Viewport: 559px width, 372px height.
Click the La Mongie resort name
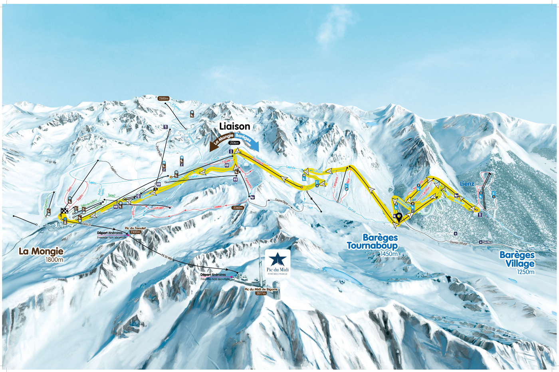tap(41, 251)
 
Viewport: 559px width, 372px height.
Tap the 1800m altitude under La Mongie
tap(54, 260)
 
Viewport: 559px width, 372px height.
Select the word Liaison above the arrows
tap(234, 126)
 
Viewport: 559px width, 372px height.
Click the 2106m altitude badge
tap(234, 142)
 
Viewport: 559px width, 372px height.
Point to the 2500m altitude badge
tap(164, 98)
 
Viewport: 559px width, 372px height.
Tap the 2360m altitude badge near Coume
tap(238, 208)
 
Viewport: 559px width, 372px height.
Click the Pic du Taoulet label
tap(135, 228)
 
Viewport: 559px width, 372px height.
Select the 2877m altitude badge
tap(261, 293)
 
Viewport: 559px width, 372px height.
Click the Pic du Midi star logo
tap(278, 260)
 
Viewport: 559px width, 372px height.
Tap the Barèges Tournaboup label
tap(372, 242)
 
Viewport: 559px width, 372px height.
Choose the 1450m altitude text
tap(389, 254)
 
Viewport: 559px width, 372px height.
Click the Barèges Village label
tap(517, 259)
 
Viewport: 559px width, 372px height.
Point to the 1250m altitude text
tap(525, 272)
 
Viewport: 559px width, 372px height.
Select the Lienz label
tap(467, 184)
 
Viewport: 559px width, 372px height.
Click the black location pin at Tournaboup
tap(399, 217)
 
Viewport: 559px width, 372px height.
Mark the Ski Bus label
tap(487, 242)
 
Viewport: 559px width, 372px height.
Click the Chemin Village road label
tap(458, 243)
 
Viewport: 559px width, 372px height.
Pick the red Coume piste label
tap(217, 207)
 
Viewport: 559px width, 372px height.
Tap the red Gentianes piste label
tap(159, 208)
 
